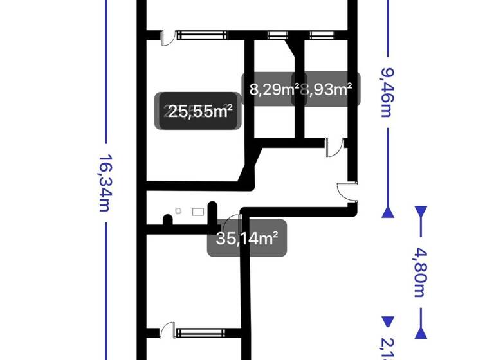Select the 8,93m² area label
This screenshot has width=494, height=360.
coord(327,89)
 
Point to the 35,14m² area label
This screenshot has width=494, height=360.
coord(247,239)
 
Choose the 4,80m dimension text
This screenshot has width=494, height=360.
coord(421,269)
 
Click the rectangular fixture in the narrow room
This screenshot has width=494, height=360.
coord(198,210)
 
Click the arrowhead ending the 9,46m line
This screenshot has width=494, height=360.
coord(387,212)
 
